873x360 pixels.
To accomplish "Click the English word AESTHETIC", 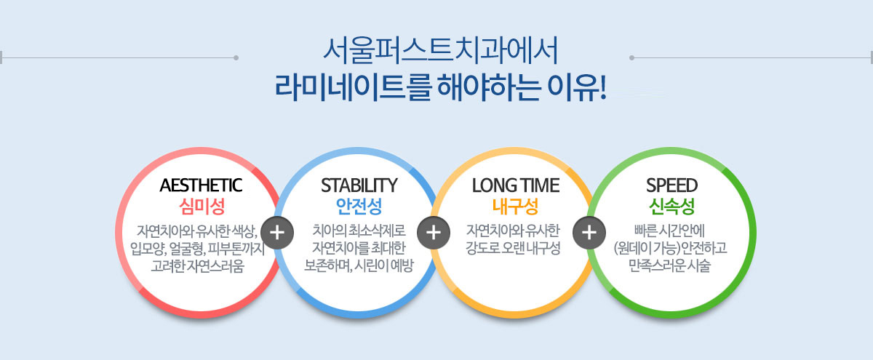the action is pos(201,185).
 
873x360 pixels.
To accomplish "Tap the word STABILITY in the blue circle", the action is pos(359,185).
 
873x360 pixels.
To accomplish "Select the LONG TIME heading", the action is pos(516,185).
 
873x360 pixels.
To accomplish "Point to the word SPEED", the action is pos(672,185).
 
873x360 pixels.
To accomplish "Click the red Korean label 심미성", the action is pos(202,207).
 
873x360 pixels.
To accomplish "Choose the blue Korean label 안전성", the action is pos(359,207).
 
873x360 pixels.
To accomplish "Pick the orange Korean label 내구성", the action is pos(515,207).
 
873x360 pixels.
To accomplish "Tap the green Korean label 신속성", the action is pos(672,207).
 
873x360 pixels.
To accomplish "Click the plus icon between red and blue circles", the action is pos(277,233).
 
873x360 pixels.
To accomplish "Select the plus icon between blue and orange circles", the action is pos(434,233).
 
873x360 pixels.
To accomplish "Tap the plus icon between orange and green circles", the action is pos(589,233).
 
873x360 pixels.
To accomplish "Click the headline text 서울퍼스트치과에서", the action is pos(441,51).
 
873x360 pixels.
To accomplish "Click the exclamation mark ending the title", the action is pos(603,87).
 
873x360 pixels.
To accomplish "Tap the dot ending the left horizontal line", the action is pos(236,57).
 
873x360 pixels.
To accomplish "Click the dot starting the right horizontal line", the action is pos(631,57).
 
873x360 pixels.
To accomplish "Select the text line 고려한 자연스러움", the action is pos(198,265).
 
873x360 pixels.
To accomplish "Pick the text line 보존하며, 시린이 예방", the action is pos(359,265).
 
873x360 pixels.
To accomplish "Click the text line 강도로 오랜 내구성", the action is pos(513,248).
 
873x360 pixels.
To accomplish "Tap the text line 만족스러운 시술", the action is pos(670,265).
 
